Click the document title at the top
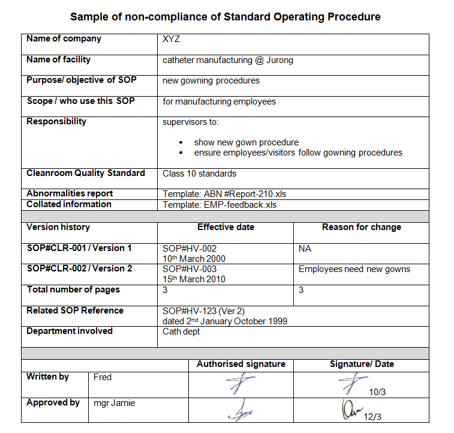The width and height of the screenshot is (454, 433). pyautogui.click(x=225, y=17)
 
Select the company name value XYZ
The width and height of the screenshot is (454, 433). pyautogui.click(x=171, y=40)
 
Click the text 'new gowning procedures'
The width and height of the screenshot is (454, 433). pyautogui.click(x=211, y=80)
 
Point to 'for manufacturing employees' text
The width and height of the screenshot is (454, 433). pyautogui.click(x=219, y=101)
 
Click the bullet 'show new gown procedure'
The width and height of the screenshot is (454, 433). pyautogui.click(x=246, y=142)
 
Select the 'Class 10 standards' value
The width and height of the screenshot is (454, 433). pyautogui.click(x=199, y=174)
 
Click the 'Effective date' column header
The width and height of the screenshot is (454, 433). pyautogui.click(x=226, y=227)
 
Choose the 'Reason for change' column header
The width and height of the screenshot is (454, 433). pyautogui.click(x=361, y=227)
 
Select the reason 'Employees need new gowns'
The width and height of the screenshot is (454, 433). pyautogui.click(x=354, y=269)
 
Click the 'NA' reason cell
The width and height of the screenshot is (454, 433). pyautogui.click(x=305, y=249)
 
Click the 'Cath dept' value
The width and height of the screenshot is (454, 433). pyautogui.click(x=181, y=332)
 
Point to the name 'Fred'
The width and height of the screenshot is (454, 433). pyautogui.click(x=103, y=377)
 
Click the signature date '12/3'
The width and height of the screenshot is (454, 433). pyautogui.click(x=372, y=416)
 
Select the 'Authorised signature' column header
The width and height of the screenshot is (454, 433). pyautogui.click(x=240, y=364)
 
